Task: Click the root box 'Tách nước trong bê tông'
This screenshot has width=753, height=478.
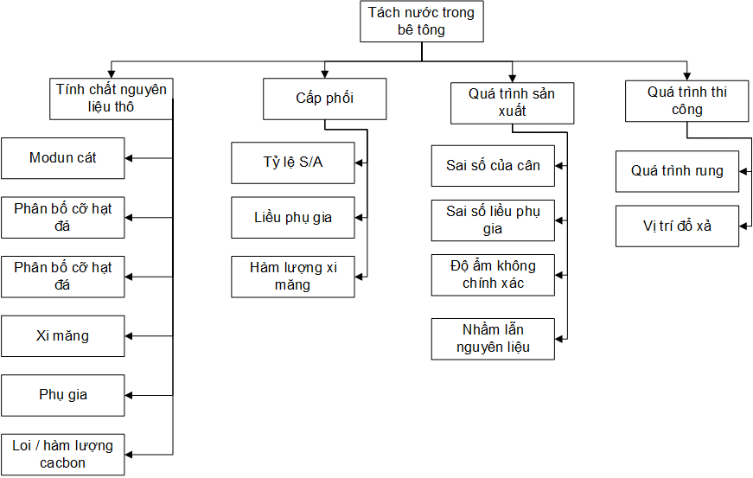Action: click(421, 22)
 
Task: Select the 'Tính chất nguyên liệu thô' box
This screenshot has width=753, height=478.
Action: click(112, 99)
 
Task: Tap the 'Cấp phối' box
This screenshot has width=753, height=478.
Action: click(324, 99)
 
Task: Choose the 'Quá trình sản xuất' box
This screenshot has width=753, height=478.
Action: click(512, 103)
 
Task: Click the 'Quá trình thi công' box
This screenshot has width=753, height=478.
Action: click(687, 101)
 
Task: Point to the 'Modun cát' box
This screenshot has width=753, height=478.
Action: click(63, 158)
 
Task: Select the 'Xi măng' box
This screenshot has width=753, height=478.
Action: click(63, 336)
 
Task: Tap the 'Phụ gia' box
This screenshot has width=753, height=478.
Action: click(63, 395)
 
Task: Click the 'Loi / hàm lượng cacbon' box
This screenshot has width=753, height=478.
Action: click(63, 454)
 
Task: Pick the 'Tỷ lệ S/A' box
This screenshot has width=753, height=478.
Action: click(293, 163)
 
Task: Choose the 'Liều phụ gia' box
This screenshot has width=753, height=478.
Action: click(293, 217)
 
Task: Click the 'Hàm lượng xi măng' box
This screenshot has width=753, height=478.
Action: click(293, 277)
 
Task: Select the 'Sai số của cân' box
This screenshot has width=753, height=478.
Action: click(493, 165)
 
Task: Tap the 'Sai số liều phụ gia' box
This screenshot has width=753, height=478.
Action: click(493, 220)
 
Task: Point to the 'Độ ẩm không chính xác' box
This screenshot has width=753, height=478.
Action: click(493, 274)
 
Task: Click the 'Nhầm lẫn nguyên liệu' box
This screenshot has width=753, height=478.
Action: click(493, 339)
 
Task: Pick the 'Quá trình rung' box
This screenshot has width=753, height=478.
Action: click(677, 171)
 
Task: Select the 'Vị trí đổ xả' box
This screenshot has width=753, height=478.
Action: click(677, 226)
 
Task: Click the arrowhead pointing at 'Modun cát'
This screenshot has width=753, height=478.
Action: click(130, 158)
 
